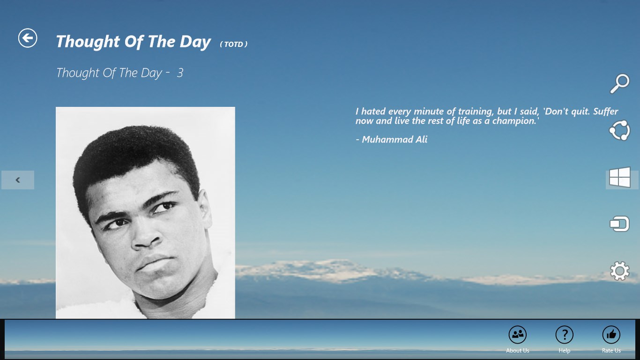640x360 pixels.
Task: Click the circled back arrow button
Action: [28, 38]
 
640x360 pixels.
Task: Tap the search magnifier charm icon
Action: [619, 84]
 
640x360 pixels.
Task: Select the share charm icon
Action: [619, 130]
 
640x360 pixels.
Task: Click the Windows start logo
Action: [620, 178]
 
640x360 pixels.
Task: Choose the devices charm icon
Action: [619, 224]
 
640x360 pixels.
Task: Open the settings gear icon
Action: [619, 271]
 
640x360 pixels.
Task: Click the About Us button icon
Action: [517, 335]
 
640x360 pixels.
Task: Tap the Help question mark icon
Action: [564, 335]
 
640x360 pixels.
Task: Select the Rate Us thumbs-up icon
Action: [611, 335]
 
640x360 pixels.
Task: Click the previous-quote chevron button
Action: [18, 180]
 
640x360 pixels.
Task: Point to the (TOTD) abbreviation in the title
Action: [234, 45]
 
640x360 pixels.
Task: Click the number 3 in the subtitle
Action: [180, 73]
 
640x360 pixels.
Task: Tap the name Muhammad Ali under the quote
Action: [394, 140]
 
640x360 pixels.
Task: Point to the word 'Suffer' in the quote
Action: [605, 111]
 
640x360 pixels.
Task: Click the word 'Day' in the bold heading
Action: [195, 42]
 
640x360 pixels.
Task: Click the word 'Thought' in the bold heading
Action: [88, 42]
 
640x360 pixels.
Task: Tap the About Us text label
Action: [517, 350]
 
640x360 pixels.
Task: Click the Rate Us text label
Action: [611, 350]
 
